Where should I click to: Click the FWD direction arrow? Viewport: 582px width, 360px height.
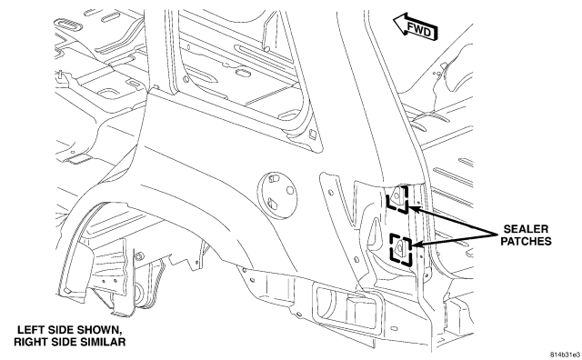point(416,26)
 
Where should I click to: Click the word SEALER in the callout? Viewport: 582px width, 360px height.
point(526,228)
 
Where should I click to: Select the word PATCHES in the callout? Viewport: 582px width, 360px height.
point(526,241)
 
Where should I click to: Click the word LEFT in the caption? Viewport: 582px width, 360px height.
point(30,330)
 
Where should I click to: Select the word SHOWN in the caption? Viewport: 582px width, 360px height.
point(99,330)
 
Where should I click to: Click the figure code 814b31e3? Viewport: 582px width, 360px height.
point(565,355)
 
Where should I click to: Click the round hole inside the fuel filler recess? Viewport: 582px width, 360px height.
point(290,191)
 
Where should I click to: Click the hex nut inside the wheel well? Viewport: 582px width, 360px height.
point(139,256)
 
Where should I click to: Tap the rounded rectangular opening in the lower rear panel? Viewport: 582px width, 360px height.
point(347,307)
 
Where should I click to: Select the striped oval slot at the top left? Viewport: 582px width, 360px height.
point(69,25)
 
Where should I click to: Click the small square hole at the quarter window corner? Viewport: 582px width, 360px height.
point(313,135)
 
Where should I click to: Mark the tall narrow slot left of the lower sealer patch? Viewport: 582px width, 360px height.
point(374,231)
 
